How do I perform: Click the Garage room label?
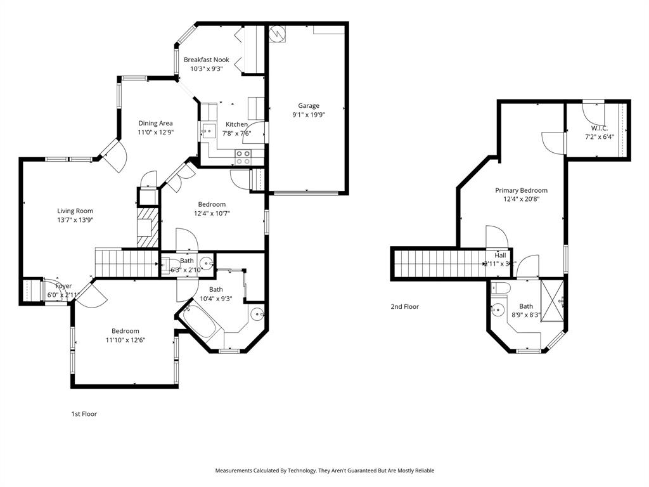(309, 106)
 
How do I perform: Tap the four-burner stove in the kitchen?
(243, 157)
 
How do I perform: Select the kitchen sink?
(209, 131)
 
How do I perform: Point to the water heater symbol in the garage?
(278, 33)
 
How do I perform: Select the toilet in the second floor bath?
(502, 289)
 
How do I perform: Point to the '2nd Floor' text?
(404, 307)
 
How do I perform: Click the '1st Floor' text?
(84, 414)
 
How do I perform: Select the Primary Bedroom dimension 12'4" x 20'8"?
(521, 199)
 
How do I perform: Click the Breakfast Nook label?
(207, 60)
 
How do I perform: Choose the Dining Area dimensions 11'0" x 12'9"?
(156, 133)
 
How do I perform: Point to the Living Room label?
(75, 211)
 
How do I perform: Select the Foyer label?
(63, 287)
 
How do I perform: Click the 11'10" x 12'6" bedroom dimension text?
(125, 340)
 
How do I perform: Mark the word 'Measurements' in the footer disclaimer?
(235, 471)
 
